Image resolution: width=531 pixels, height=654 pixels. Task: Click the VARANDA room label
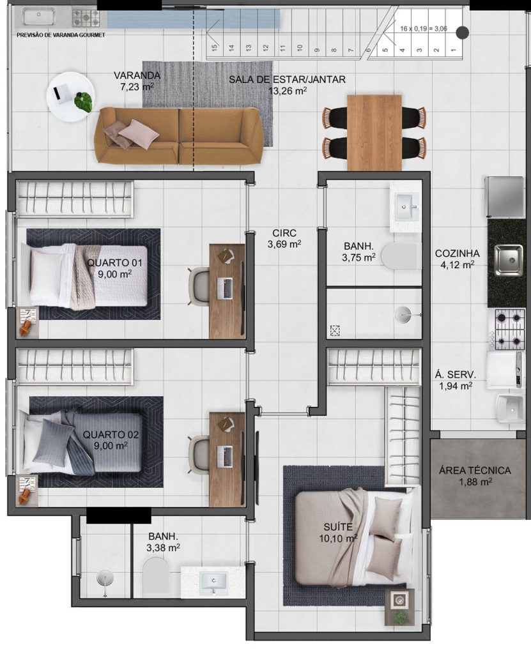pos(137,75)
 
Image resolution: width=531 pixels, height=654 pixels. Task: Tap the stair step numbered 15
pos(215,47)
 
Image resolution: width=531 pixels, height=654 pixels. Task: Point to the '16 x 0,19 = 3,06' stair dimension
pos(423,29)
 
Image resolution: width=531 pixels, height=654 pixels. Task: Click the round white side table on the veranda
pos(70,97)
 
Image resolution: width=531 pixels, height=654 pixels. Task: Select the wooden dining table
pos(374,133)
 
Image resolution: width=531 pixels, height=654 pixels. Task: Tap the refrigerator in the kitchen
pos(504,197)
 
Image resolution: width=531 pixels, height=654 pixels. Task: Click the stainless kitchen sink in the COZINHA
pos(509,261)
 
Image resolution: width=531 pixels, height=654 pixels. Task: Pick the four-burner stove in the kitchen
pos(509,329)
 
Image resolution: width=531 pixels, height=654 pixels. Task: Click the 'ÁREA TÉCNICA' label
pos(475,471)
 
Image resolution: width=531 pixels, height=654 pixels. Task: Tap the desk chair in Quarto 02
pos(199,455)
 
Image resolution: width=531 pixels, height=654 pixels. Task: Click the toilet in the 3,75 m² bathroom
pos(400,255)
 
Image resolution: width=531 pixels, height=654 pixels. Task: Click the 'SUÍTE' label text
pos(338,527)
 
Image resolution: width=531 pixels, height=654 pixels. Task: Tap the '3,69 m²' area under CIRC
pos(284,245)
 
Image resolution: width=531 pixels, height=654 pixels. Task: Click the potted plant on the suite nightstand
pos(400,616)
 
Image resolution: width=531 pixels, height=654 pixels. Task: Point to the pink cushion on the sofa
pos(138,133)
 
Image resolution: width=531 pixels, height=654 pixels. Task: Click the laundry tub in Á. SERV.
pos(510,408)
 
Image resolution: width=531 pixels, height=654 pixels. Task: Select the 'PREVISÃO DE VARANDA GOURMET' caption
pos(61,36)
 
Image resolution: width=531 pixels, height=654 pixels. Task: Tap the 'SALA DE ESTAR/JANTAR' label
pos(287,79)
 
